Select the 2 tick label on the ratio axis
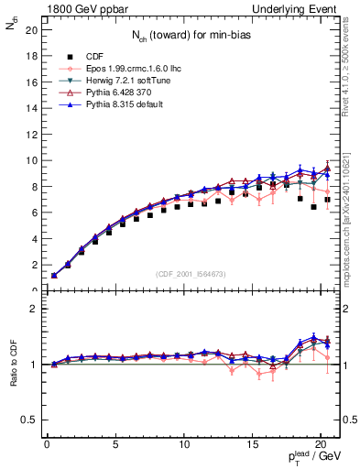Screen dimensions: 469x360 coord(33,309)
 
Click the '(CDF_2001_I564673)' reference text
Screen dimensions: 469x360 coord(191,274)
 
